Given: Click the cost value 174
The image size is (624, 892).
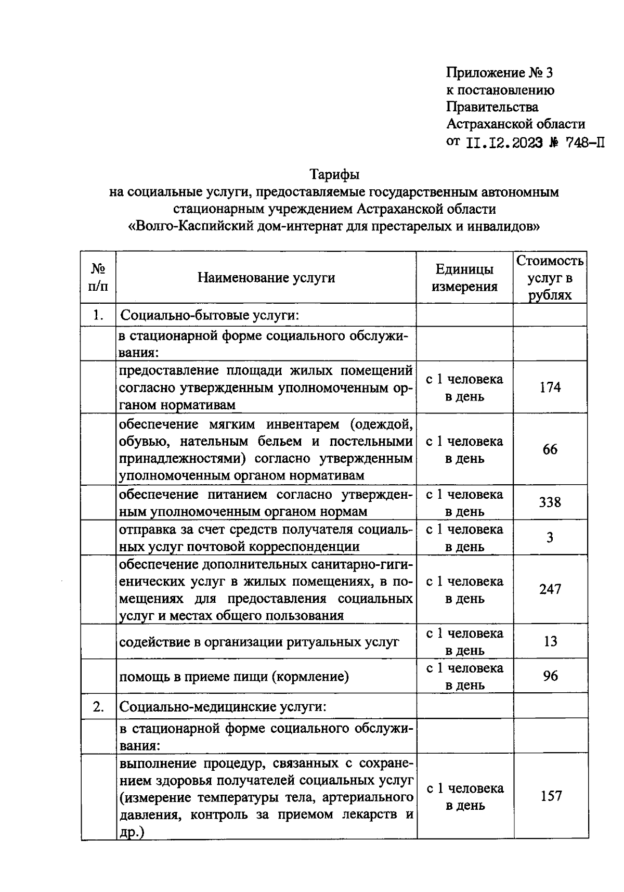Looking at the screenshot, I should point(550,387).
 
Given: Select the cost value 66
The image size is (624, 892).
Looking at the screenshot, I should point(550,449).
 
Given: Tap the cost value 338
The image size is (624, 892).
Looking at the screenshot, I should point(550,502).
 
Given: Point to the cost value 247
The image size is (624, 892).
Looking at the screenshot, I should point(550,589).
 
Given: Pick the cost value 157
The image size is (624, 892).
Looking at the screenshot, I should point(551,796).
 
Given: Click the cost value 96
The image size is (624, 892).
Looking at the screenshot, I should point(550,676).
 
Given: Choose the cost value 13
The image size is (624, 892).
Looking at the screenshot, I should point(550,641).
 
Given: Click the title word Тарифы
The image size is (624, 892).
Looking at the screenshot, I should point(334,174).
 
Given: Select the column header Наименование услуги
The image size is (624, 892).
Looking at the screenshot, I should point(266,278).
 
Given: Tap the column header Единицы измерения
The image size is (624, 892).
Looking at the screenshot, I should point(464,278).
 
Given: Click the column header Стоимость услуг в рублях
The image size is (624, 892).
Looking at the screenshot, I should point(550,278).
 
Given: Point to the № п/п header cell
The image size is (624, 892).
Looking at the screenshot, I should point(98,278).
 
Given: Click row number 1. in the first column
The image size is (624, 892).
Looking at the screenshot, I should point(98,315).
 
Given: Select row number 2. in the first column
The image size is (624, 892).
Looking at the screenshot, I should point(98,707).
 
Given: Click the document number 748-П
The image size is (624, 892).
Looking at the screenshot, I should point(584,142).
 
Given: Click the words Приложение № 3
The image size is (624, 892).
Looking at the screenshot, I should point(499,73).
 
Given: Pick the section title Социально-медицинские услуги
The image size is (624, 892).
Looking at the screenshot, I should point(224,707).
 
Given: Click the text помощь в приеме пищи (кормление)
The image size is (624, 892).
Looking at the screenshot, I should point(234,676).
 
